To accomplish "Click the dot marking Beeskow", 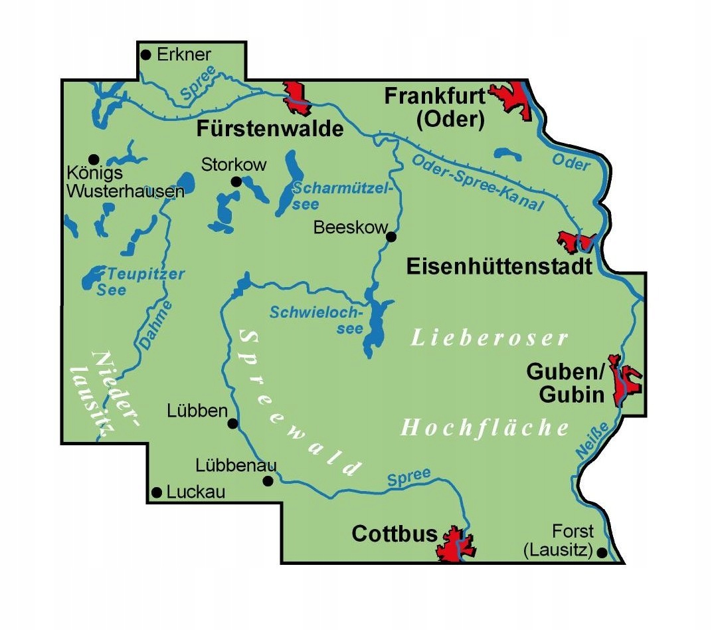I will click(391, 236).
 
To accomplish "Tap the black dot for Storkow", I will click(235, 181).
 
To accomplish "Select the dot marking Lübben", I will click(232, 423).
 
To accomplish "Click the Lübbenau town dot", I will click(268, 481).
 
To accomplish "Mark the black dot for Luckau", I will click(157, 492).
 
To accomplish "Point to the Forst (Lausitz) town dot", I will click(602, 552).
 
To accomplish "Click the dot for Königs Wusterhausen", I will click(94, 159).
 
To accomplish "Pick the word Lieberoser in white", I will click(489, 338).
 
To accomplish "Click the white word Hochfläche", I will click(485, 428).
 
